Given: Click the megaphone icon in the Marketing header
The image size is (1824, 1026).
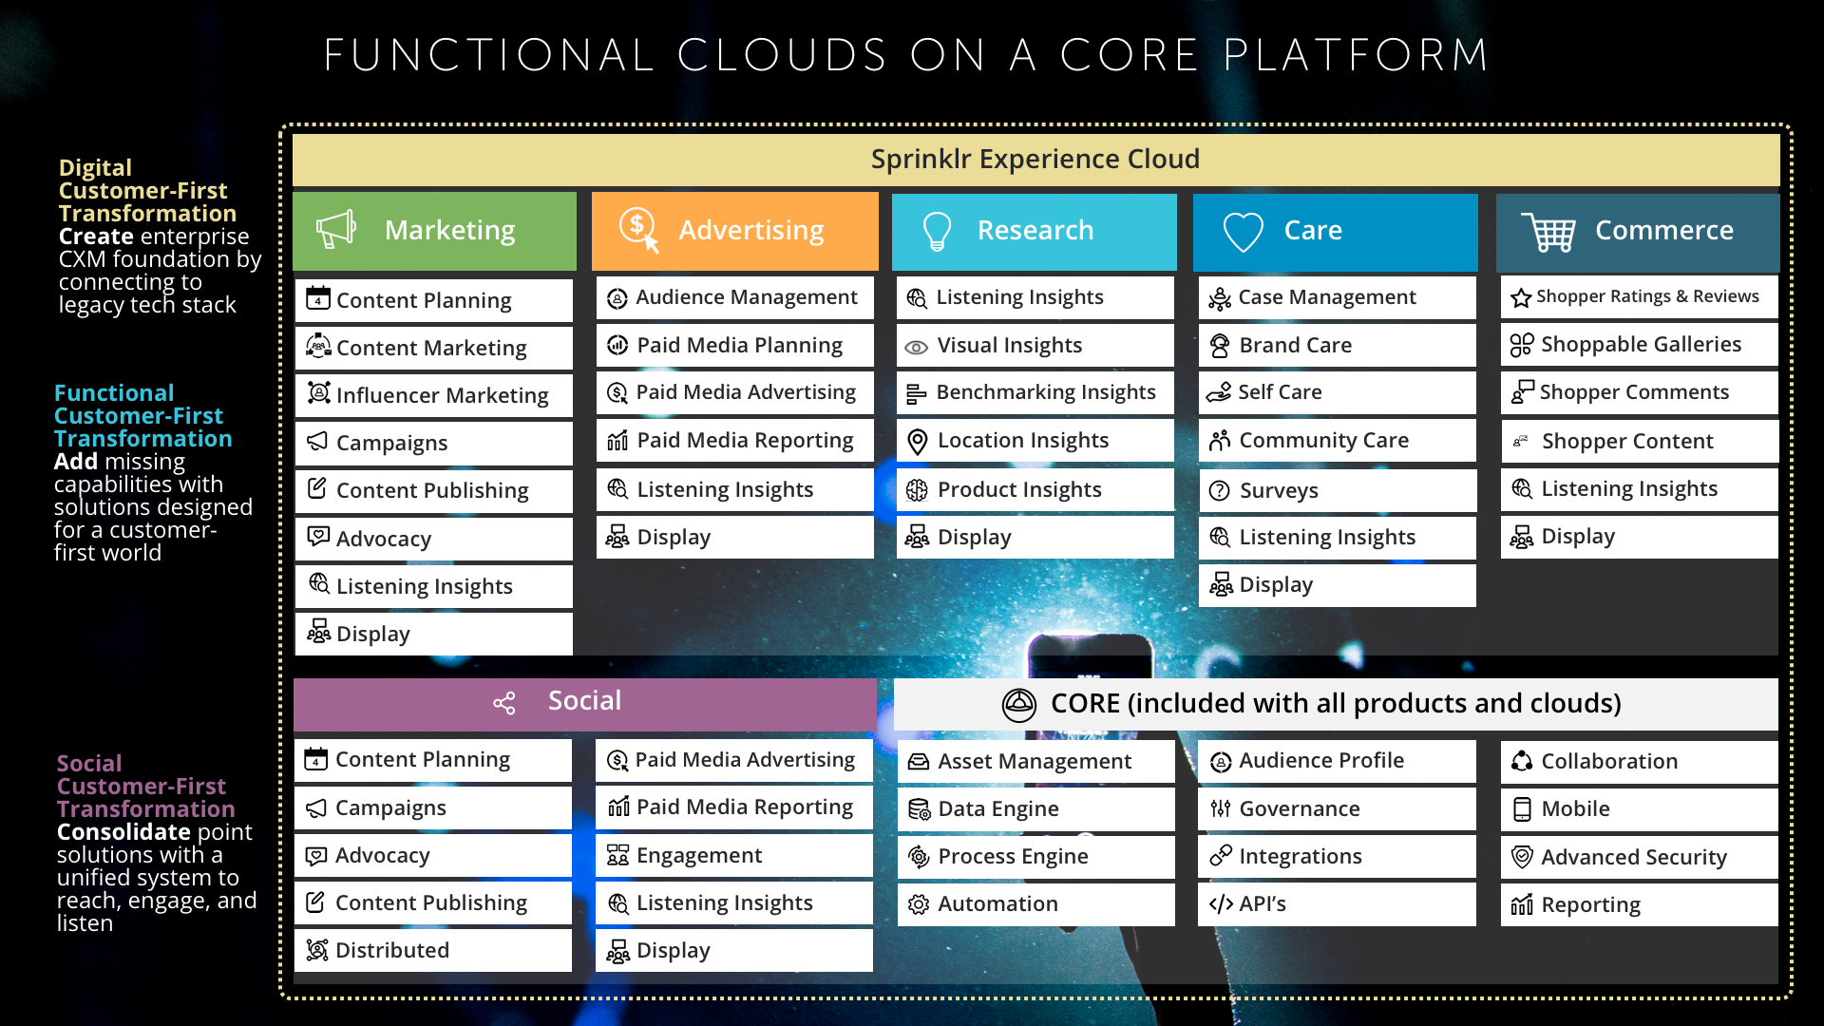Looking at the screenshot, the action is point(335,229).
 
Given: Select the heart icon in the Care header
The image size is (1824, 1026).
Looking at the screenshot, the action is point(1243,231).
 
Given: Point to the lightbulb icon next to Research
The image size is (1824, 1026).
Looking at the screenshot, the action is point(937,231).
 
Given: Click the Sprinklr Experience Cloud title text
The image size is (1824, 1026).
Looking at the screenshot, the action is point(1035,159).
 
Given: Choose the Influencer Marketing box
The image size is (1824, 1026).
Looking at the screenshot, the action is point(434,395).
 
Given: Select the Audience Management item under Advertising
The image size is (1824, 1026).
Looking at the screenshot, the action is point(735,297).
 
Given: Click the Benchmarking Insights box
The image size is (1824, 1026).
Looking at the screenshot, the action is point(1035,392).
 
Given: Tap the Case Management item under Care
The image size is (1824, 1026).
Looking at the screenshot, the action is point(1338,297).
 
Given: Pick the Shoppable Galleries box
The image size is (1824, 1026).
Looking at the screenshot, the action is point(1640,344).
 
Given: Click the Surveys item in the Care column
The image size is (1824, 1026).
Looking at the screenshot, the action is point(1338,490).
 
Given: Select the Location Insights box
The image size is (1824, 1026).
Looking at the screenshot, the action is point(1035,441).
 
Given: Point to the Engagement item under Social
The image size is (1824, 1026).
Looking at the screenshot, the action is point(734,855).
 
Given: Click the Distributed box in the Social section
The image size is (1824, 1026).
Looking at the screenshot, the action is point(433,950).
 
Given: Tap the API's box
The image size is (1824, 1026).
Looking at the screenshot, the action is point(1338,904).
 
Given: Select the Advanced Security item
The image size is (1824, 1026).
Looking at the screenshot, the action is point(1640,857).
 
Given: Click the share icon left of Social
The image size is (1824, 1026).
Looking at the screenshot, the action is point(504,703).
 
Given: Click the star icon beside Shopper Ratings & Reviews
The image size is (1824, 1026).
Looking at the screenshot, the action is point(1521,297).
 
